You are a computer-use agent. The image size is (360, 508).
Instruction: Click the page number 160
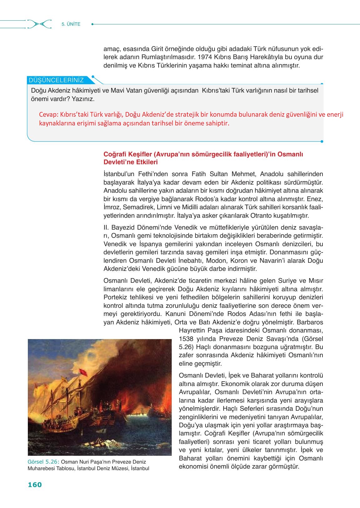click(35, 485)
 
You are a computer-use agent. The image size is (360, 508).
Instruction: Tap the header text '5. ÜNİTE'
click(71, 24)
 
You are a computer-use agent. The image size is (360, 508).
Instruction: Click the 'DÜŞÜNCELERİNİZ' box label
click(56, 80)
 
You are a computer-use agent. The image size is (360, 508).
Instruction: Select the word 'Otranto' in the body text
click(262, 216)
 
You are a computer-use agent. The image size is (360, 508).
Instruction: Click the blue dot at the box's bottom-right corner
click(322, 141)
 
